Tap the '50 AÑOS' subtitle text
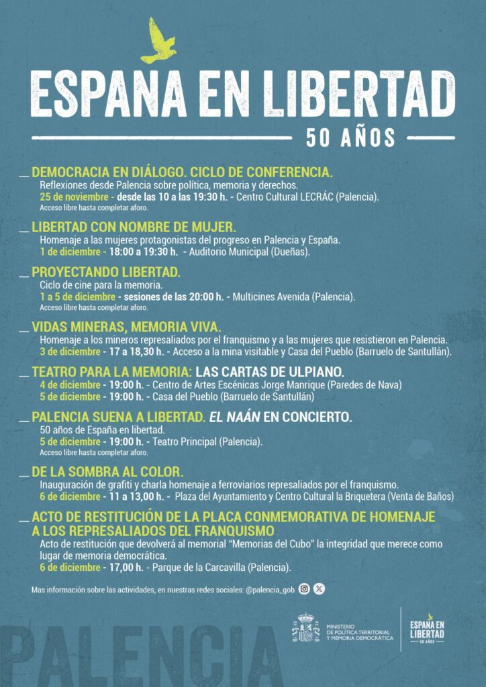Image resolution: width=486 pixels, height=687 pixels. pos(351,137)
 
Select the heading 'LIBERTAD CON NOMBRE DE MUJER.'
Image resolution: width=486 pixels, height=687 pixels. pos(134,227)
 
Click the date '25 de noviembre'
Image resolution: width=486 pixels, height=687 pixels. pos(73,197)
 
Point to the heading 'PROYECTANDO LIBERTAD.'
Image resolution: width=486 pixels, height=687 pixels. pos(106,272)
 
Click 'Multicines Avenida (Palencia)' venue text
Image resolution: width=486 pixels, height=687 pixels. pos(293,297)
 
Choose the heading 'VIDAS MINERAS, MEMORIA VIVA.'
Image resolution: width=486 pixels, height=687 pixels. pos(126,327)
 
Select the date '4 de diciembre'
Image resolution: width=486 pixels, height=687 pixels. pos(70,385)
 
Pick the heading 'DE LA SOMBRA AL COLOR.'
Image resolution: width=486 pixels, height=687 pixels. pos(107,472)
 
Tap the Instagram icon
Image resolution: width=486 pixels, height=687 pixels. pos(304,589)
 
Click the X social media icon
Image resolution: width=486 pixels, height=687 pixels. pos(320,589)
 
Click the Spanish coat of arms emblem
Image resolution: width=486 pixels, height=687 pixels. pos(305,628)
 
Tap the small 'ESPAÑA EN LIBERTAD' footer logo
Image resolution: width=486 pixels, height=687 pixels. pos(428,629)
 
